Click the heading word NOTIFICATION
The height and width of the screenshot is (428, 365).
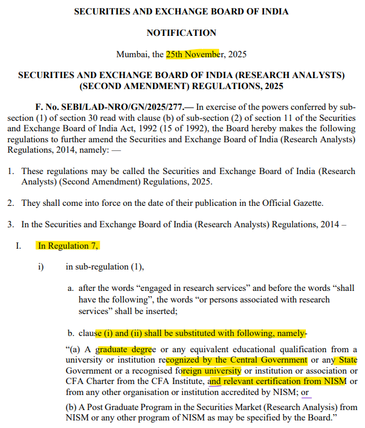[181, 33]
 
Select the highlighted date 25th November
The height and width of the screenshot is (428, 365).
[193, 54]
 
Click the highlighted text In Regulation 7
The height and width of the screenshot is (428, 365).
[68, 246]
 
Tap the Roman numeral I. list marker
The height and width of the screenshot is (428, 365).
[19, 246]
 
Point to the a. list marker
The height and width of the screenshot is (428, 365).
[71, 288]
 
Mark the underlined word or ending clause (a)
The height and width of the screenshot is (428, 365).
[305, 392]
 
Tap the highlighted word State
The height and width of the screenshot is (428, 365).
[348, 360]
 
